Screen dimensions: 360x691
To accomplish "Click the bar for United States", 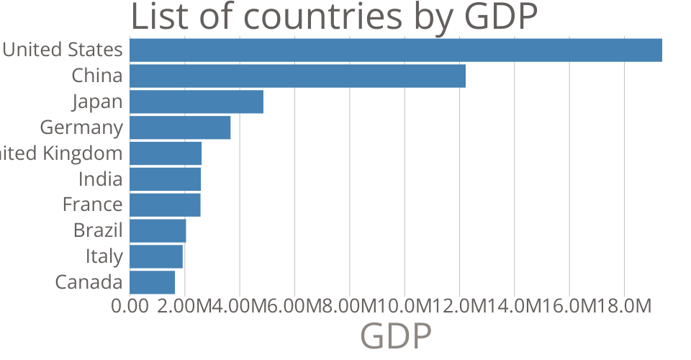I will tap(396, 50).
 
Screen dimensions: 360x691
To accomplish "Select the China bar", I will tap(297, 76).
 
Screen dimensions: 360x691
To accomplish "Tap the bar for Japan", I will tap(197, 102).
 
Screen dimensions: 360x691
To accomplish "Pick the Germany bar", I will tap(180, 127).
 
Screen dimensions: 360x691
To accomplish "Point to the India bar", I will tap(165, 179).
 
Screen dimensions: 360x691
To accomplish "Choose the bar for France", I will tap(165, 204).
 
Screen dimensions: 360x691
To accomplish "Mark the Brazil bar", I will tap(158, 230).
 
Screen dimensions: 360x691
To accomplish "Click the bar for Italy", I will tap(156, 256).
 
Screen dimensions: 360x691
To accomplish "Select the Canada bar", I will tap(152, 282).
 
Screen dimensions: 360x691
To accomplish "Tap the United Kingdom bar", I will tap(166, 153).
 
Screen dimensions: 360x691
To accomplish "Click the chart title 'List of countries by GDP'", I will tap(334, 17).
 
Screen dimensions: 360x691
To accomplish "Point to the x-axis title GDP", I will tap(395, 336).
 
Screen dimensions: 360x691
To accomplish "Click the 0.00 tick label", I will tap(130, 306).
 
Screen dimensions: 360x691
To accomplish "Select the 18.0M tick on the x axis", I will tap(624, 306).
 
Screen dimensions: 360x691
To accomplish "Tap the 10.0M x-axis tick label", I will tap(405, 306).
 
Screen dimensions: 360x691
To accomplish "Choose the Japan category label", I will tap(97, 102).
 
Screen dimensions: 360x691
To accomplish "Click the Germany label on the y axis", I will tap(81, 127).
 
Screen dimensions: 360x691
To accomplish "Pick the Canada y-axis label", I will tap(89, 282).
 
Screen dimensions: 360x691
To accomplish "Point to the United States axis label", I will tap(63, 50).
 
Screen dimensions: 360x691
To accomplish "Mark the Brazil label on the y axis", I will tap(98, 230).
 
